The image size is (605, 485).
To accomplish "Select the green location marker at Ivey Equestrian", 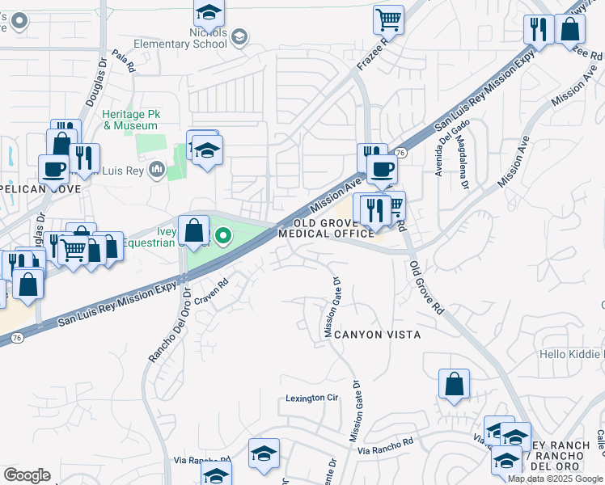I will click(223, 237).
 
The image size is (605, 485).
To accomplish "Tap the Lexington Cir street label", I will click(311, 399).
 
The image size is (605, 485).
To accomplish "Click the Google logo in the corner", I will click(27, 475).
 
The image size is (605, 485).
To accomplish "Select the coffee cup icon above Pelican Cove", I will click(54, 169).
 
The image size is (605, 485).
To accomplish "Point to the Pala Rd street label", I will click(122, 61).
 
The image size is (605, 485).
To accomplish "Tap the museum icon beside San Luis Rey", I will click(157, 170).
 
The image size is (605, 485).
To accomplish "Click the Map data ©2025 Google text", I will click(555, 479).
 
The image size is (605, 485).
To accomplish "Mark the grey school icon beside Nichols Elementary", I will click(239, 36).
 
